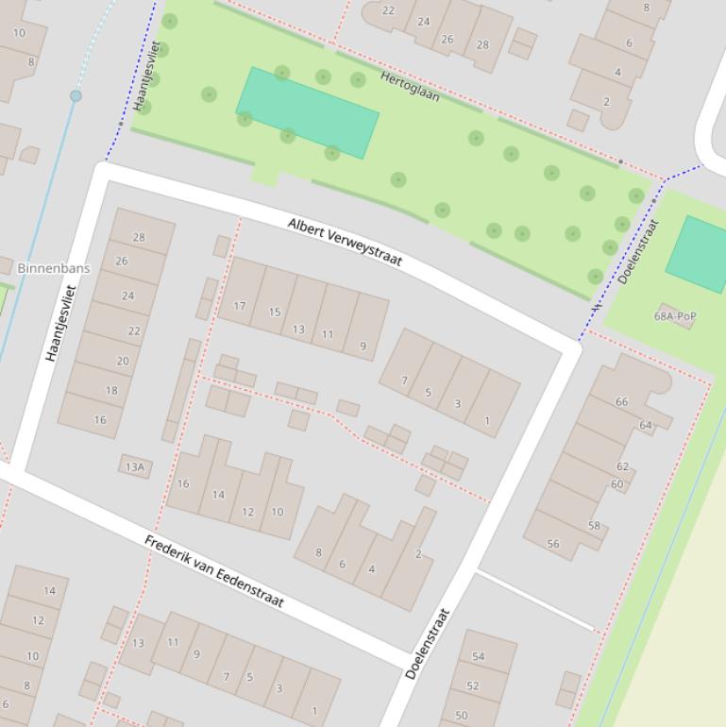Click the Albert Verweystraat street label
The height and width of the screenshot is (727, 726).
(346, 242)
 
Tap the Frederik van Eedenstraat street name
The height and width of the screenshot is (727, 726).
(213, 570)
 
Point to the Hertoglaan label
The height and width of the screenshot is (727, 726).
(410, 85)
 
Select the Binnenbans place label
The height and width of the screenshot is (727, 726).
(54, 268)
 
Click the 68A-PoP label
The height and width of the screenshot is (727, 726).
(674, 316)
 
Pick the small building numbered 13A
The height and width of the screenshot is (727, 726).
(135, 466)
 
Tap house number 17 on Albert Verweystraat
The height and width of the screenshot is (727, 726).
(239, 306)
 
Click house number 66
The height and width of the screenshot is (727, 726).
(621, 401)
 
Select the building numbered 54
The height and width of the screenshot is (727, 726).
(478, 656)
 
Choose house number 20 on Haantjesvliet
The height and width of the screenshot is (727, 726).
(123, 361)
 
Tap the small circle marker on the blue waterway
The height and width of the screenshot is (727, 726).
(76, 95)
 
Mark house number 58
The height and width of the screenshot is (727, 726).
(594, 526)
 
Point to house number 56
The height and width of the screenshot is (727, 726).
(553, 544)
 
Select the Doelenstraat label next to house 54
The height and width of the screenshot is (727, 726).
(428, 643)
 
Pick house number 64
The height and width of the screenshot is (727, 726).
(646, 425)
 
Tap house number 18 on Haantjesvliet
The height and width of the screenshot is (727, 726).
(111, 391)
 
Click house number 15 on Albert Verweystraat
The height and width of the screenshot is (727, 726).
(274, 313)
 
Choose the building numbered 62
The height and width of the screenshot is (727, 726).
(622, 466)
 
